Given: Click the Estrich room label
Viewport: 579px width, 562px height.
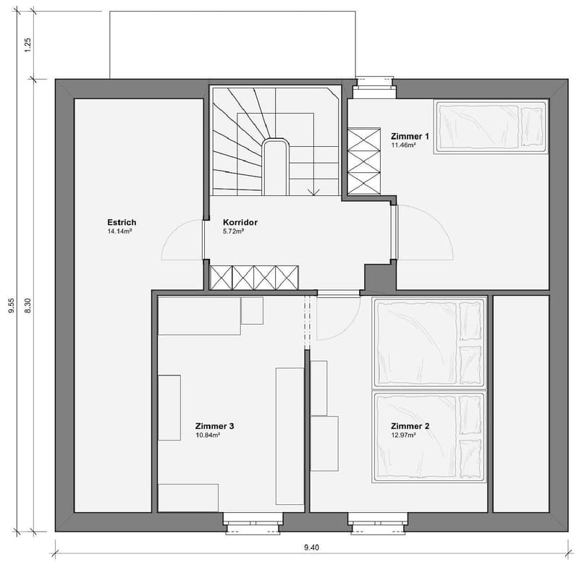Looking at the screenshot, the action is click(x=122, y=222).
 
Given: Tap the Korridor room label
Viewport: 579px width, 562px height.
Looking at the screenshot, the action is click(x=240, y=222).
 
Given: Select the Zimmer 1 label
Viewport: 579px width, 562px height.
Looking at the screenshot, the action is click(x=410, y=137).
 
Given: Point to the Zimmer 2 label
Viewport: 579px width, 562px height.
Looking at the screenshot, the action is click(x=410, y=426).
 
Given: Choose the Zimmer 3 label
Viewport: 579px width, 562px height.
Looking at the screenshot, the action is click(x=214, y=426).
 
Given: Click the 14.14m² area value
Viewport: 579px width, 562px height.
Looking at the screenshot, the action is click(x=119, y=231).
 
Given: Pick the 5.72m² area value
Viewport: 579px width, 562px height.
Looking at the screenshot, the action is click(x=234, y=231).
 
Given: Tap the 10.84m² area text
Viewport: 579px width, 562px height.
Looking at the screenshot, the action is click(x=208, y=435).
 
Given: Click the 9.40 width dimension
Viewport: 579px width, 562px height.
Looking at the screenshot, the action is click(x=311, y=548).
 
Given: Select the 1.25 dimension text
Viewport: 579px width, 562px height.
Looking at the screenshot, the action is click(x=28, y=45).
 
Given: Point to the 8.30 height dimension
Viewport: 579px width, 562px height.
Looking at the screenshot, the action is click(x=28, y=305).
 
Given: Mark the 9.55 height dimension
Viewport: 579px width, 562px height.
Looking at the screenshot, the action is click(x=12, y=305).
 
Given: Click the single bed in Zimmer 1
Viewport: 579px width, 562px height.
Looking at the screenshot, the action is click(x=491, y=126).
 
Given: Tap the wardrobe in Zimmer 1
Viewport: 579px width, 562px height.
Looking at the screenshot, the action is click(x=364, y=161).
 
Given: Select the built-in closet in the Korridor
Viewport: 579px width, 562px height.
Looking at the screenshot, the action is click(x=254, y=278).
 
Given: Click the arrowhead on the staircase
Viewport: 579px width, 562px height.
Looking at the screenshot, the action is click(x=314, y=192).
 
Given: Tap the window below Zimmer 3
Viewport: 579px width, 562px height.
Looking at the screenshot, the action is click(x=253, y=523).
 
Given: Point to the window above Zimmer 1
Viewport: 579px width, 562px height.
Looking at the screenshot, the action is click(x=374, y=87).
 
